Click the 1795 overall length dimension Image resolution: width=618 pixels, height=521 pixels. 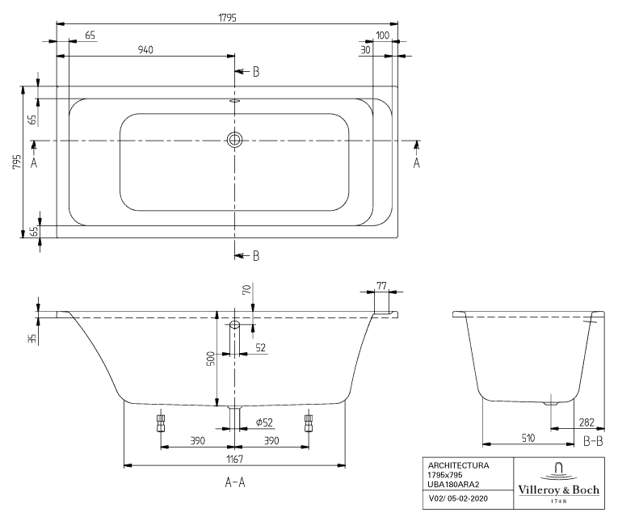[x=228, y=18]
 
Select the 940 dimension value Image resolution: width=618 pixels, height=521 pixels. [x=145, y=49]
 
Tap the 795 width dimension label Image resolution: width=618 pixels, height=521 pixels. [x=16, y=162]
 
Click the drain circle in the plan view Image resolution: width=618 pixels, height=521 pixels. [x=234, y=140]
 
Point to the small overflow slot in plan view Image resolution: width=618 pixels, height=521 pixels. [x=234, y=101]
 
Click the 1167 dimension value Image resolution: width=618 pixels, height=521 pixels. [x=234, y=459]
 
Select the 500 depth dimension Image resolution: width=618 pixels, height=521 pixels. [x=211, y=359]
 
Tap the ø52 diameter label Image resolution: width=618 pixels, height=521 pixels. [x=264, y=422]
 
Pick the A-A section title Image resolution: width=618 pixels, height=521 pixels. [x=235, y=482]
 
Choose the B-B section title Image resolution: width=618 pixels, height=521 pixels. [x=593, y=441]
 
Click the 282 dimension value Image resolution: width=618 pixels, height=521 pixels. [x=586, y=422]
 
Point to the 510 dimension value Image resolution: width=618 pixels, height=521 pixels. [x=528, y=438]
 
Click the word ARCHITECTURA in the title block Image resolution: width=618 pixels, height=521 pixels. [x=458, y=465]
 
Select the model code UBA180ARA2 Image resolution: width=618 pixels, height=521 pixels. [x=454, y=485]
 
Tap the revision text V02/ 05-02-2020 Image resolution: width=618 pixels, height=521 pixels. [x=458, y=498]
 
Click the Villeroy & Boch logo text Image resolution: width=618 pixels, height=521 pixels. [x=558, y=489]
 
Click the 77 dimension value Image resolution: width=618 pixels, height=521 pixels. [x=381, y=285]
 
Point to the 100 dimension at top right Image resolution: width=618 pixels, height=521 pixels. [x=382, y=35]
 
